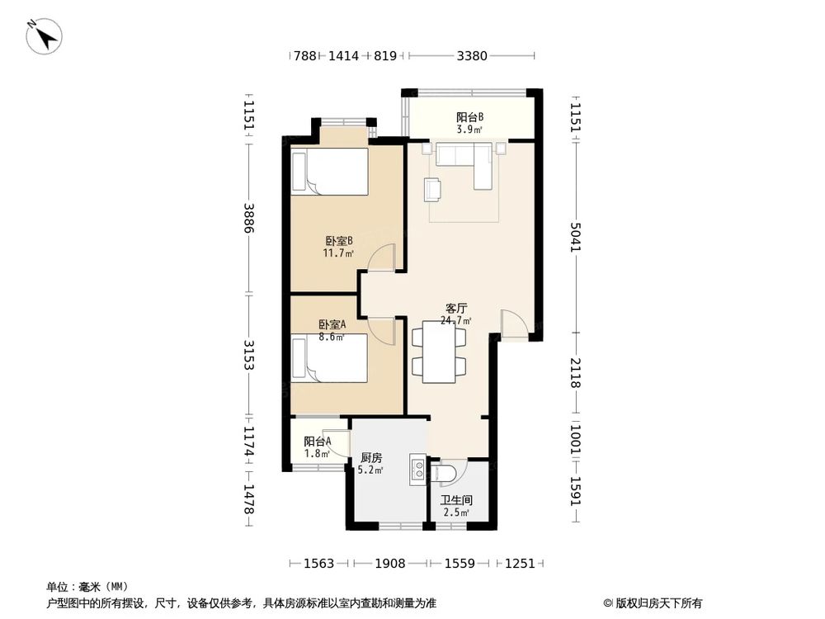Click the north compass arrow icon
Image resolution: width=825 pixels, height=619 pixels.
tap(45, 35)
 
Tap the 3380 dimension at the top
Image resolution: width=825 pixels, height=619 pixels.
tap(472, 55)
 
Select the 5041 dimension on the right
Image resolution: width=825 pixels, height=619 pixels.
tap(576, 237)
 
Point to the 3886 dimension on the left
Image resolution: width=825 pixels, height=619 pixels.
tap(249, 219)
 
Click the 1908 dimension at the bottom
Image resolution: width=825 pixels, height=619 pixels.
tap(390, 564)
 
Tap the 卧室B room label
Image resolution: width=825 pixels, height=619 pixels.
tap(338, 241)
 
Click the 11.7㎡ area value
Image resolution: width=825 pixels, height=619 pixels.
tap(337, 253)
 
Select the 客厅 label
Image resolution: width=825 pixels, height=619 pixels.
tap(455, 309)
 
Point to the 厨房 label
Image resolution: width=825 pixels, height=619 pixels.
tap(371, 458)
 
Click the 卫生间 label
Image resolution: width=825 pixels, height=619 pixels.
tap(456, 500)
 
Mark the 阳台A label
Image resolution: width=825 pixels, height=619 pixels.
tap(318, 442)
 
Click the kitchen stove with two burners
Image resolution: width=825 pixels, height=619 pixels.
tap(418, 470)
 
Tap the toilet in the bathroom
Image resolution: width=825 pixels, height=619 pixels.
tap(441, 473)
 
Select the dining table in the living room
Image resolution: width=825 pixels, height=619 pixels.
tap(439, 352)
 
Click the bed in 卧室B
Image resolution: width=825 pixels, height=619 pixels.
tap(330, 172)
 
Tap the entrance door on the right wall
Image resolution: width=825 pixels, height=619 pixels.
tap(515, 324)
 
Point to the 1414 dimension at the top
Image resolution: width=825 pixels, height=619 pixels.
tap(343, 55)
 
